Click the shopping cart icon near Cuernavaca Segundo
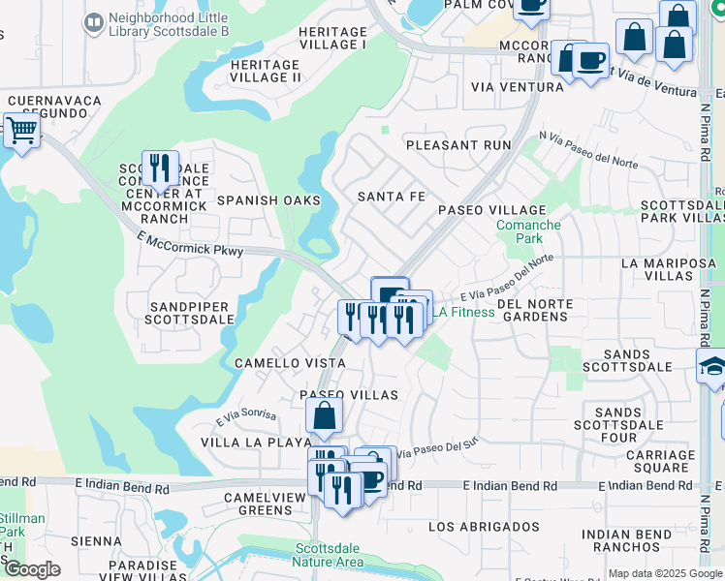[20, 130]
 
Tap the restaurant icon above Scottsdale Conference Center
[160, 168]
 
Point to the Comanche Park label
[528, 231]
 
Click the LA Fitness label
[463, 312]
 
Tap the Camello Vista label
[277, 362]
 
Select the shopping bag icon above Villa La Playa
[324, 416]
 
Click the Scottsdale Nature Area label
[330, 555]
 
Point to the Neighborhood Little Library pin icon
[94, 21]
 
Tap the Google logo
[32, 570]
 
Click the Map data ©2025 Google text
[664, 573]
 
